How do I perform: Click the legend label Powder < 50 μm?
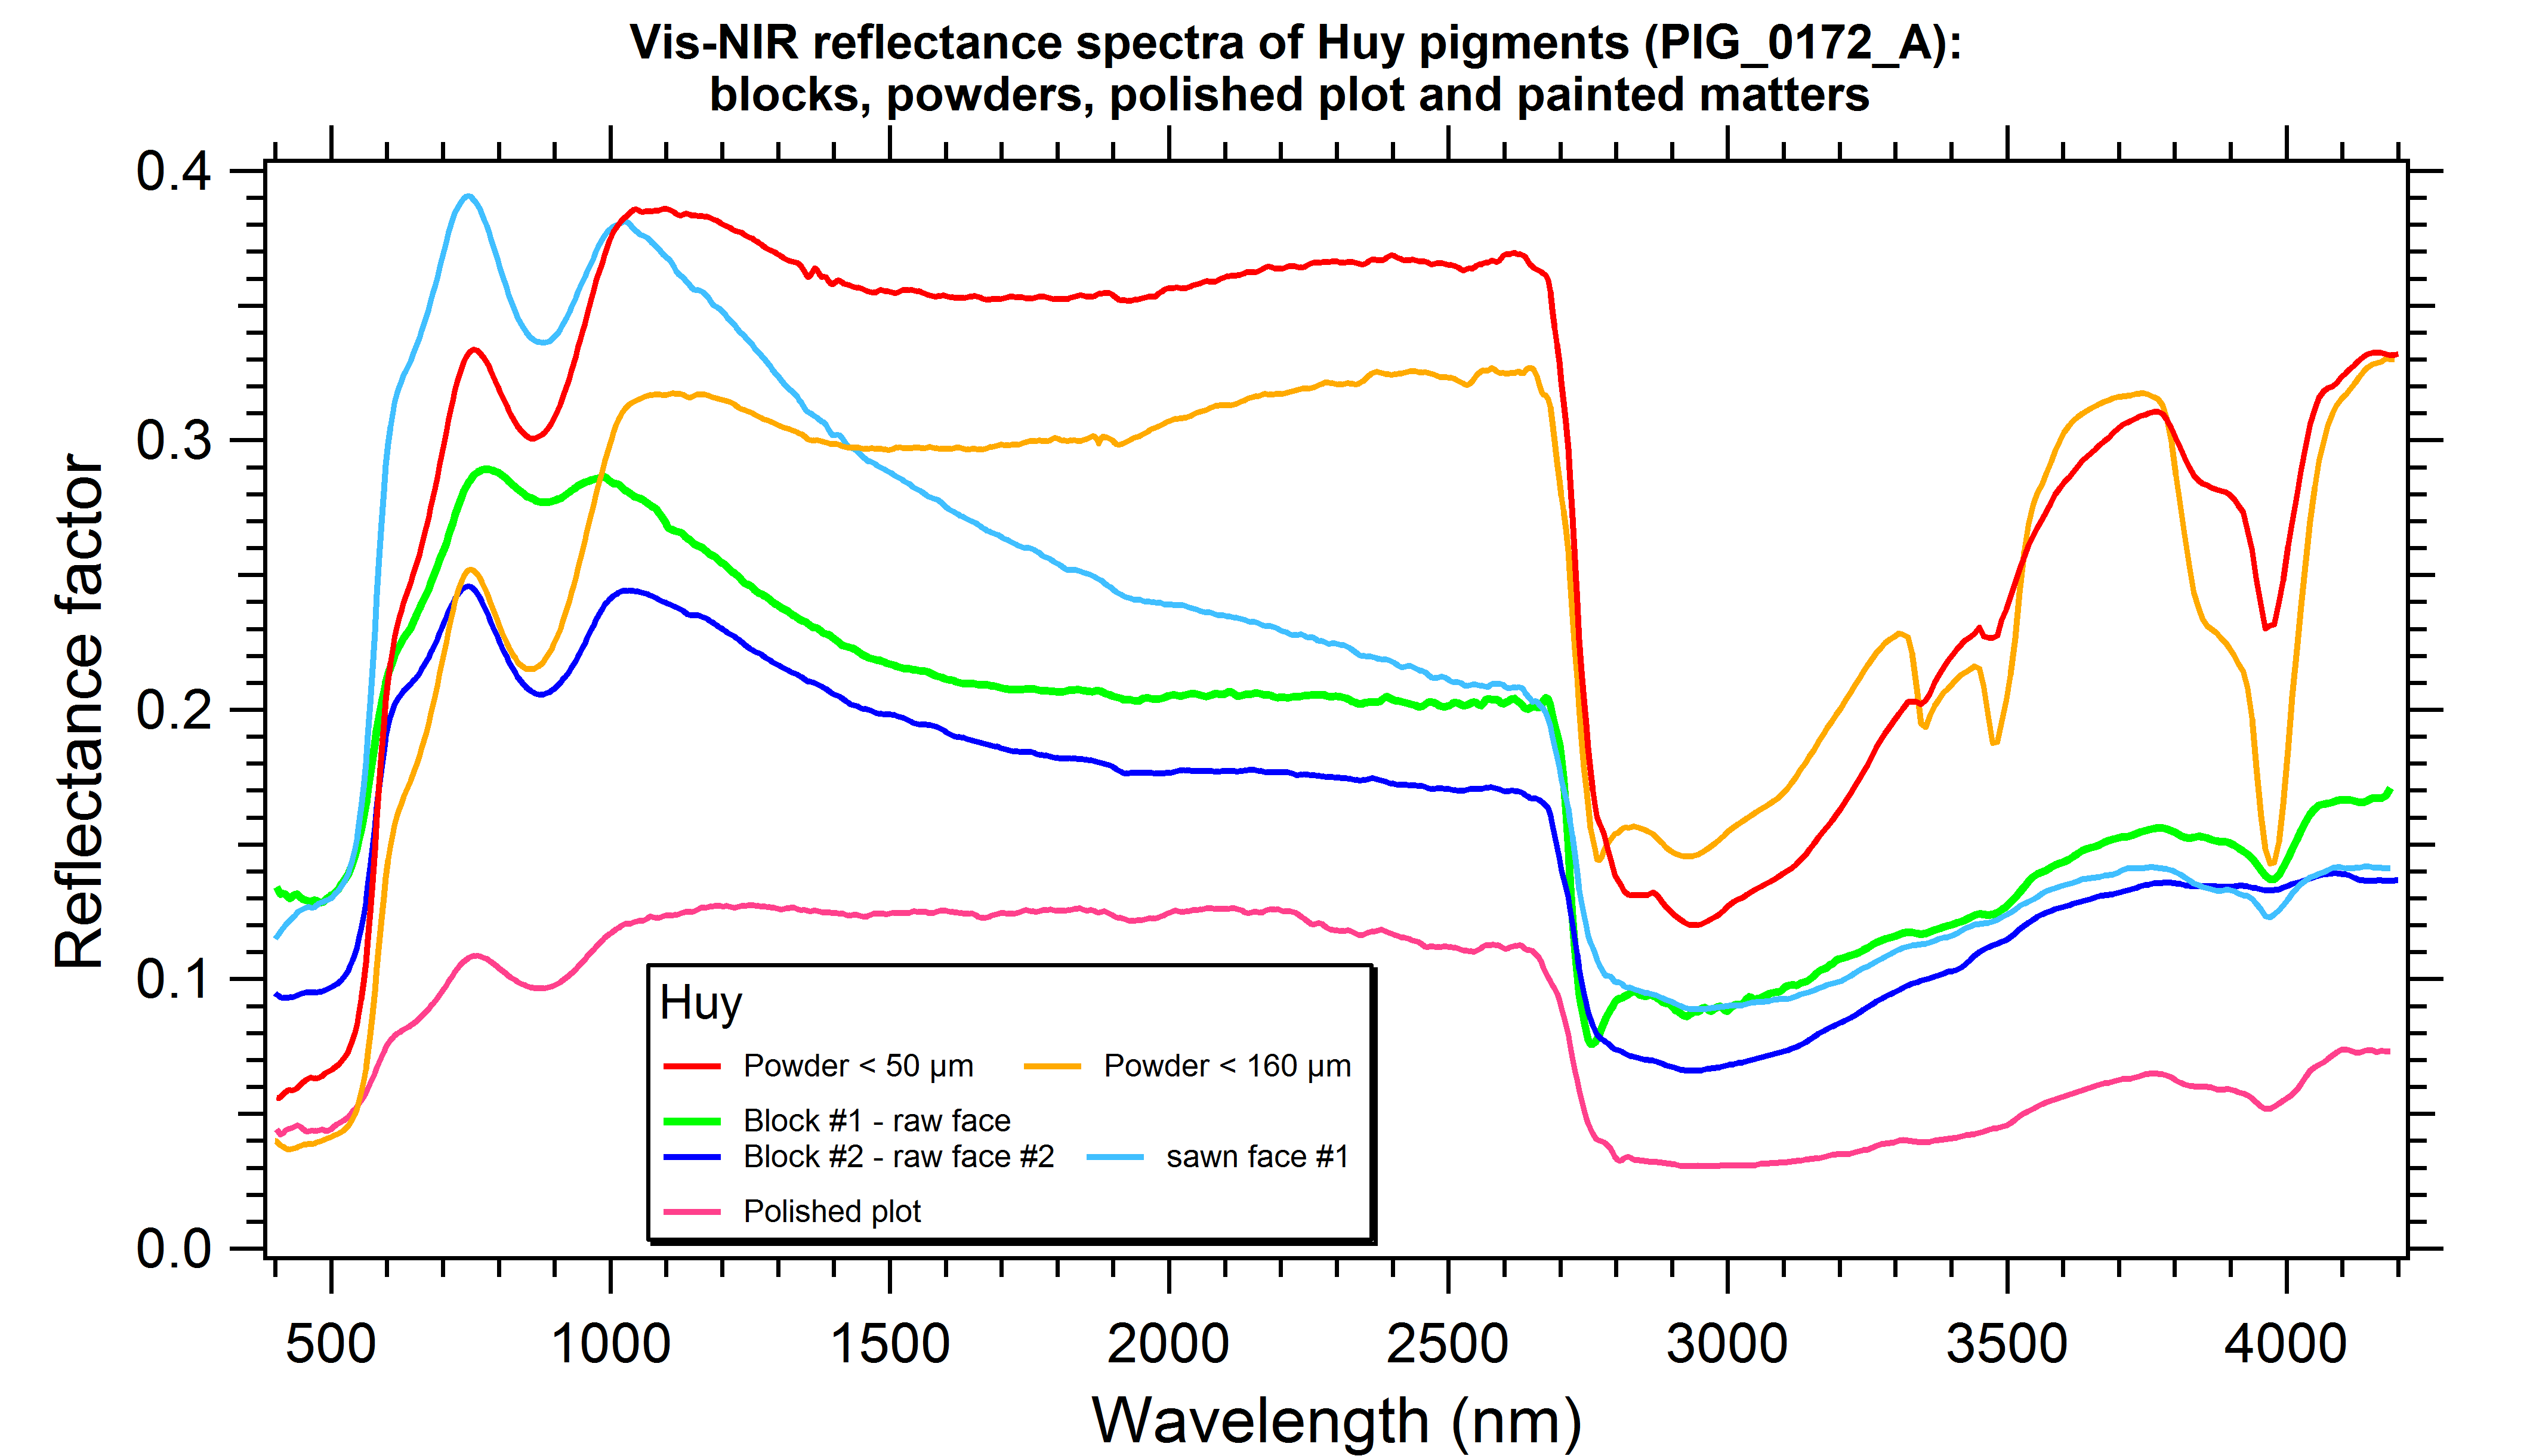[x=858, y=1066]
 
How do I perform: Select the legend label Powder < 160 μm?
[x=1227, y=1066]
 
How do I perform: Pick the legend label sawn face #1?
[x=1257, y=1157]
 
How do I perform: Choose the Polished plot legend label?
[x=831, y=1212]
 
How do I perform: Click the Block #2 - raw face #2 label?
[x=898, y=1157]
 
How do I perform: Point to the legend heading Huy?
[x=700, y=1003]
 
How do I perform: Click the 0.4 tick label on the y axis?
[x=174, y=171]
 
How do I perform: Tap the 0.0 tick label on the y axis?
[x=174, y=1249]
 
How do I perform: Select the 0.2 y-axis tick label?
[x=174, y=710]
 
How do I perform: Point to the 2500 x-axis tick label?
[x=1447, y=1344]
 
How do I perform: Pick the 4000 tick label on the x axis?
[x=2285, y=1344]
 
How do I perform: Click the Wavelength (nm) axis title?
[x=1336, y=1421]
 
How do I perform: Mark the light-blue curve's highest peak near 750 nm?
[x=467, y=196]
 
